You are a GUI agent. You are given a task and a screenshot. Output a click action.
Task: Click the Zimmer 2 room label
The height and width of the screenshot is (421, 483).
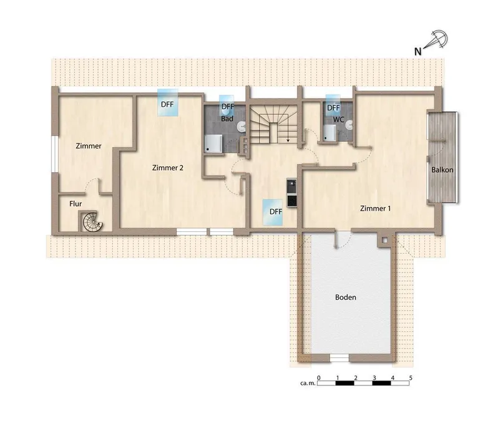pos(168,168)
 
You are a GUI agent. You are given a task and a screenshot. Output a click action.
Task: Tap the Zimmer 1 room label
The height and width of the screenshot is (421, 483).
pos(375,208)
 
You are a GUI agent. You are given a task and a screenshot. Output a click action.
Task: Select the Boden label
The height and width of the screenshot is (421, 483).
pos(346,297)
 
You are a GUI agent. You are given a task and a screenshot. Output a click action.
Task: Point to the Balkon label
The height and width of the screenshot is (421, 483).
pos(442,170)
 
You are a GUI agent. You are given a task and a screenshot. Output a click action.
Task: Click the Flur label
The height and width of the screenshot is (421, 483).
pos(76,204)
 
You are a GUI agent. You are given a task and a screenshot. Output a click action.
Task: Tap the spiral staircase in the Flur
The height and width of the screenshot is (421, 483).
pos(92,221)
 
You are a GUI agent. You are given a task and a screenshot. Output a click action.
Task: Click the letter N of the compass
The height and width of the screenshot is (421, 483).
pos(417,51)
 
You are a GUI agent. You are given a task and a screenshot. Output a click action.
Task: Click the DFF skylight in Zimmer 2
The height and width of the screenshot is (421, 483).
pos(168,102)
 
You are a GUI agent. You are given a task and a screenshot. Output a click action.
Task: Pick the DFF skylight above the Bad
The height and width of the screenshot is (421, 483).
pos(227,104)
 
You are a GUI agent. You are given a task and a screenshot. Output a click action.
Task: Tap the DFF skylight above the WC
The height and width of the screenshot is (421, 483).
pos(333,105)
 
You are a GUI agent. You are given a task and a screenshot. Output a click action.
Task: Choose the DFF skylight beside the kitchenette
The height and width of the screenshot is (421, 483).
pos(272,212)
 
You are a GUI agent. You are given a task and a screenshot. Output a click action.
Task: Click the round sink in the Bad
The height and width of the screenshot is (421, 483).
pos(241,126)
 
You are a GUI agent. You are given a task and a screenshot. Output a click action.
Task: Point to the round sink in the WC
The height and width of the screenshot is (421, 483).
pos(349,125)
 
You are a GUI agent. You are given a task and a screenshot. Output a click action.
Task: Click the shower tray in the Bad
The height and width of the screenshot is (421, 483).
pos(213,143)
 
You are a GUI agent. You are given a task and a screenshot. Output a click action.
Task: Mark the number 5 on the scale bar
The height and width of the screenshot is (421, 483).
pos(411,377)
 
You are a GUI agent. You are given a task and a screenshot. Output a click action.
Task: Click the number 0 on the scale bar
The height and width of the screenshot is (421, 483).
pos(319,377)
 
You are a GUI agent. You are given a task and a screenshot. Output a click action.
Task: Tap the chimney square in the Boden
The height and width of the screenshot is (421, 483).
pos(384,240)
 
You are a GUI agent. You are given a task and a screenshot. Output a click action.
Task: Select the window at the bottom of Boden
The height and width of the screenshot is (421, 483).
pos(339,357)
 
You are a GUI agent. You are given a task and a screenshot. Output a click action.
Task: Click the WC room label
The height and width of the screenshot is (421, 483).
pos(338,120)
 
